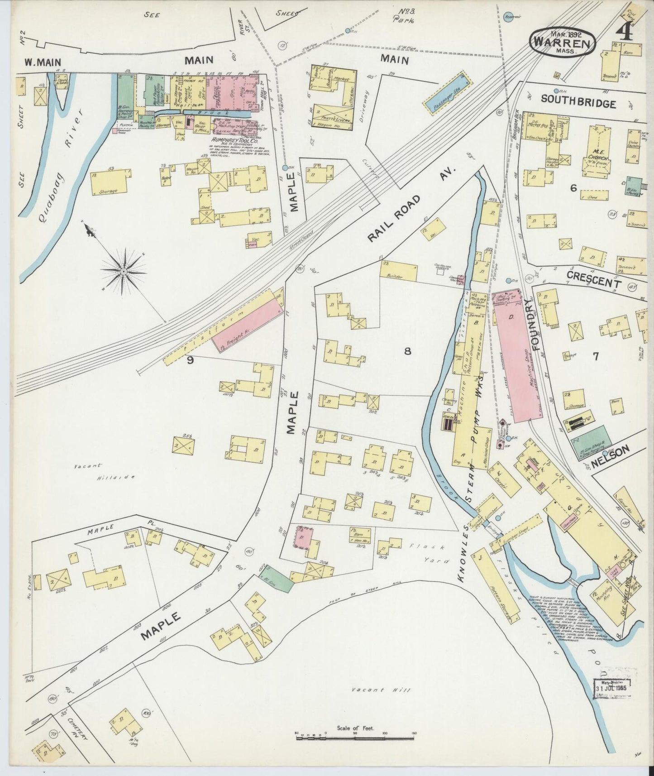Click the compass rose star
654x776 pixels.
point(123,271)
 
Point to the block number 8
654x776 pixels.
point(407,351)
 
